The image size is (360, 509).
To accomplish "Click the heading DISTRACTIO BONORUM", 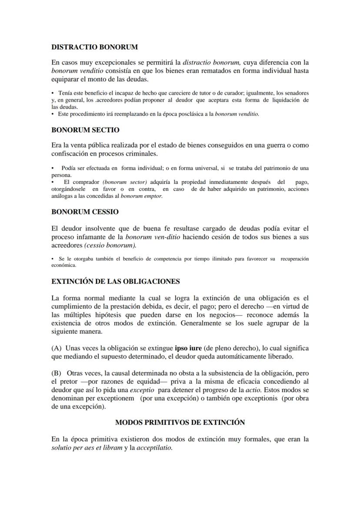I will pyautogui.click(x=94, y=47).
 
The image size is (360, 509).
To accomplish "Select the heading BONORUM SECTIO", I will pyautogui.click(x=85, y=130).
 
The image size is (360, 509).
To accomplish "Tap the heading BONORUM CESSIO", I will pyautogui.click(x=85, y=212).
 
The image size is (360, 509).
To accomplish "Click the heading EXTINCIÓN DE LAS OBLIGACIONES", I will pyautogui.click(x=115, y=281).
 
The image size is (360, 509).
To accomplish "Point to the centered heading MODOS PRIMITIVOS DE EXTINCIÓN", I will pyautogui.click(x=180, y=422).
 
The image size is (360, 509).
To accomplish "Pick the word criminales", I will pyautogui.click(x=143, y=153).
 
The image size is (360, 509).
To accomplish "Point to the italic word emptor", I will pyautogui.click(x=153, y=196).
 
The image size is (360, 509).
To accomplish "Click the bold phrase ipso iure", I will pyautogui.click(x=188, y=348).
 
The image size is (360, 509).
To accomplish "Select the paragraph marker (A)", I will pyautogui.click(x=57, y=348).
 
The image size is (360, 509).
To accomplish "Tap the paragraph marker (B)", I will pyautogui.click(x=57, y=373).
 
